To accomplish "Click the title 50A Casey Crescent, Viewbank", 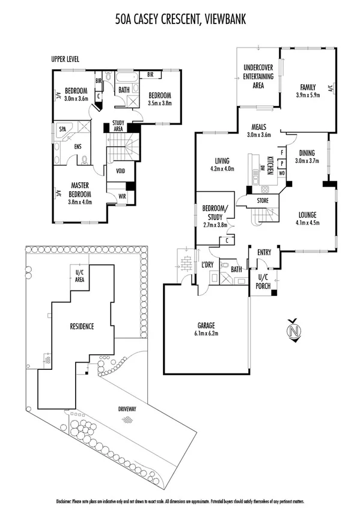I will click(x=180, y=20).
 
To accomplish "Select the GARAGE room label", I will click(x=206, y=325).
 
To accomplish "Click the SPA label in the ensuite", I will click(x=62, y=129).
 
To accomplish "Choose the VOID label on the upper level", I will click(x=120, y=170).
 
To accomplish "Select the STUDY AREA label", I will click(x=118, y=126).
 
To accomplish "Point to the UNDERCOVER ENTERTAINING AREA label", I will click(x=258, y=76).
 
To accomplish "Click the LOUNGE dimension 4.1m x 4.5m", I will click(x=307, y=223).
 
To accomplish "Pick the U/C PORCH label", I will click(x=262, y=280).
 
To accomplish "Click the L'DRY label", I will click(x=208, y=265).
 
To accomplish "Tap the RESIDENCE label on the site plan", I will click(x=81, y=327).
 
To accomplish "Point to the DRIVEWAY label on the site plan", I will click(x=127, y=409).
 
